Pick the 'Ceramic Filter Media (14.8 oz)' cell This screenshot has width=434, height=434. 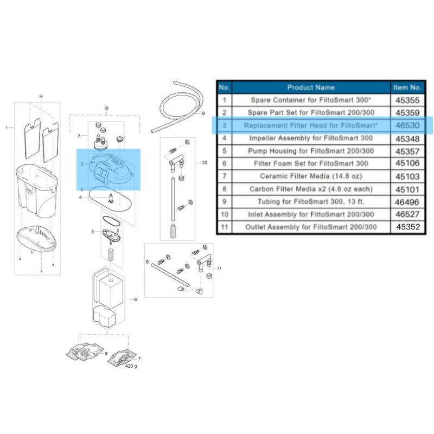pos(311,176)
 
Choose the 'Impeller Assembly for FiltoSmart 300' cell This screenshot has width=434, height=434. pos(311,138)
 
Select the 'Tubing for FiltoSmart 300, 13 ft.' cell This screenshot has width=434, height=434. pos(311,202)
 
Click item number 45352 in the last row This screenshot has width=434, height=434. pos(408,227)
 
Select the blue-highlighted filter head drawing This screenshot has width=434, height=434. pos(108,170)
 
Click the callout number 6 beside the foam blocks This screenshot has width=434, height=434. pos(135,299)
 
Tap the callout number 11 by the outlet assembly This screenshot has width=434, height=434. pos(219,269)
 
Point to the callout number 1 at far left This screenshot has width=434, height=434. pos(7,128)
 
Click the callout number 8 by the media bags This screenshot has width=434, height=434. pos(106,354)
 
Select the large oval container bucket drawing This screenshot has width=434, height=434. pos(35,184)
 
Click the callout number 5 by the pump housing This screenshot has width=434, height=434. pos(92,232)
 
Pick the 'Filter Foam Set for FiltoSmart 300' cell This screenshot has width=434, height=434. pos(311,163)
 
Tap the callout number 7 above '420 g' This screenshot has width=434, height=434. pos(139,359)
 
